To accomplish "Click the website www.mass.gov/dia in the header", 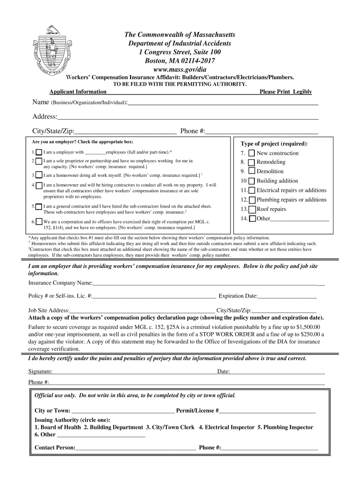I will coord(180,69).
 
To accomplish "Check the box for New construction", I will coord(252,153).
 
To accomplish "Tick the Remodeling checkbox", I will coord(252,162).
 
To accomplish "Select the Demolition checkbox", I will coord(252,172).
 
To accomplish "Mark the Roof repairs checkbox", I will coord(252,209).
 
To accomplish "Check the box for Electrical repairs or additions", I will coord(252,190).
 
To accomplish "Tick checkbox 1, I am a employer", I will coord(39,152).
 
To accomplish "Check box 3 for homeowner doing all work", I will coord(39,175).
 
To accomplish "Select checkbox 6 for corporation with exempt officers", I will coord(39,222).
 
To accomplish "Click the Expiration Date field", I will coord(287,296).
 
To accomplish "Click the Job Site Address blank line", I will coord(142,310).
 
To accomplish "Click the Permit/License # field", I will coord(267,410).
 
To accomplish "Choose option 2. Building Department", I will coord(113,427).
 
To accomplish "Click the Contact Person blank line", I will coord(136,448).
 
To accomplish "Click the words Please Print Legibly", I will coord(286,92).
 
